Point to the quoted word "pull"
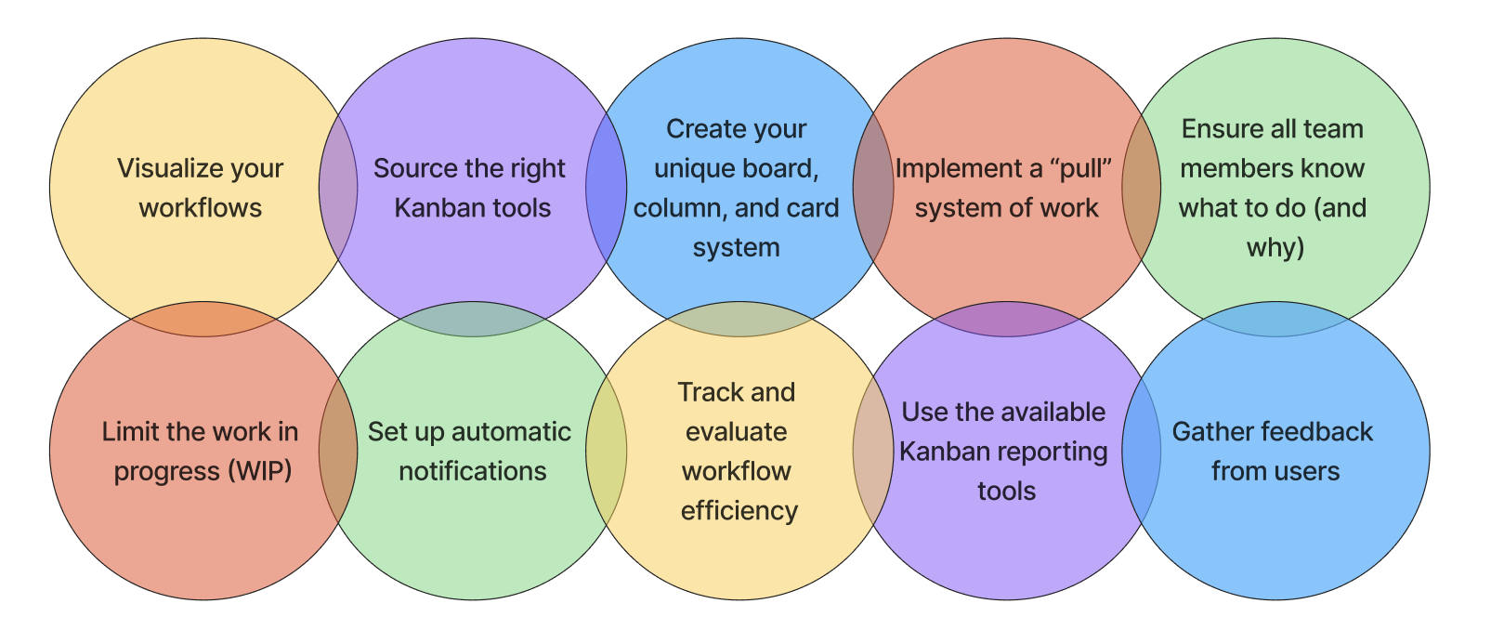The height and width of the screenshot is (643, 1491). [1082, 169]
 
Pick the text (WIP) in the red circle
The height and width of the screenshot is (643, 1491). [259, 471]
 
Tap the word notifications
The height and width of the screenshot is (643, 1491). [473, 471]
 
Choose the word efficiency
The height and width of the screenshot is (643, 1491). [739, 511]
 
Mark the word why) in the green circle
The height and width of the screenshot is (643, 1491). [1275, 247]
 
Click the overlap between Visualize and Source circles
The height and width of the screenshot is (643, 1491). [338, 187]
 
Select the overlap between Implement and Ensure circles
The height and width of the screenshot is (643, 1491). [1142, 187]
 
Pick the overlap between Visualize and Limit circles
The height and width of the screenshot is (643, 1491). [203, 319]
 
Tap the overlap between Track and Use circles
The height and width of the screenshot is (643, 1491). [873, 451]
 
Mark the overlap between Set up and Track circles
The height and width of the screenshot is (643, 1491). [606, 451]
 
